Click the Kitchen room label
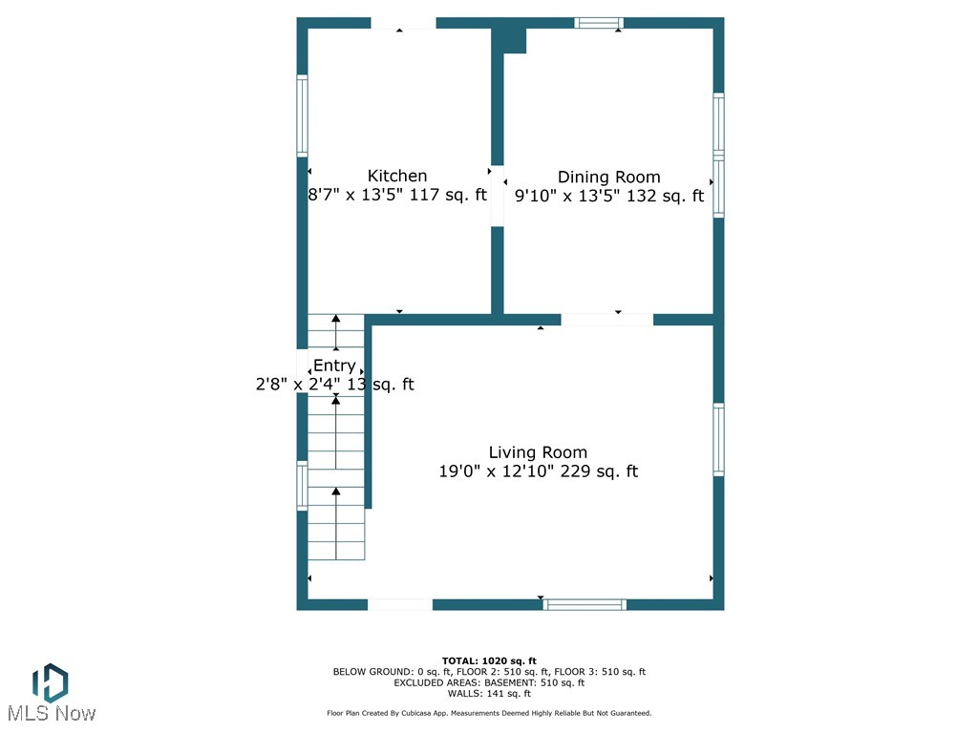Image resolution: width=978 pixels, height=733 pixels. [x=397, y=176]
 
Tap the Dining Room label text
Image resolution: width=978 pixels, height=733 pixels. [x=608, y=177]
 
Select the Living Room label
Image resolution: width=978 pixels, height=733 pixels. [x=538, y=452]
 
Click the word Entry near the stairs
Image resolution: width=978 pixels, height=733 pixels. [x=334, y=366]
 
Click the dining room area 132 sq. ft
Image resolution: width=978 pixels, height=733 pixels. [x=665, y=196]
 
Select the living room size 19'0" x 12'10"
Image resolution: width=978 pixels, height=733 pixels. [x=496, y=471]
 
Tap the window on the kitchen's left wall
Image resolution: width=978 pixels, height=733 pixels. [x=303, y=115]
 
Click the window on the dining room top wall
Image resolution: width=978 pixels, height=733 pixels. [x=599, y=23]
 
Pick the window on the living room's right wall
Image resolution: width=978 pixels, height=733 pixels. [x=718, y=440]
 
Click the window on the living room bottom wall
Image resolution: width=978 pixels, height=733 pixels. [x=585, y=604]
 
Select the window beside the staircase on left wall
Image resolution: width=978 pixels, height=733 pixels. [x=303, y=485]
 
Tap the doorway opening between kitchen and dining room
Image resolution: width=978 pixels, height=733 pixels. [x=498, y=196]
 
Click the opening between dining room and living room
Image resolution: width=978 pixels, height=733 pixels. [x=606, y=320]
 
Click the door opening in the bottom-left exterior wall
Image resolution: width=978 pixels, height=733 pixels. [x=400, y=604]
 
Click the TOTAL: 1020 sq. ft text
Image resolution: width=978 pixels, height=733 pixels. [x=489, y=660]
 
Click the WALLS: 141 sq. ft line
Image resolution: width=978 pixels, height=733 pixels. [x=489, y=694]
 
